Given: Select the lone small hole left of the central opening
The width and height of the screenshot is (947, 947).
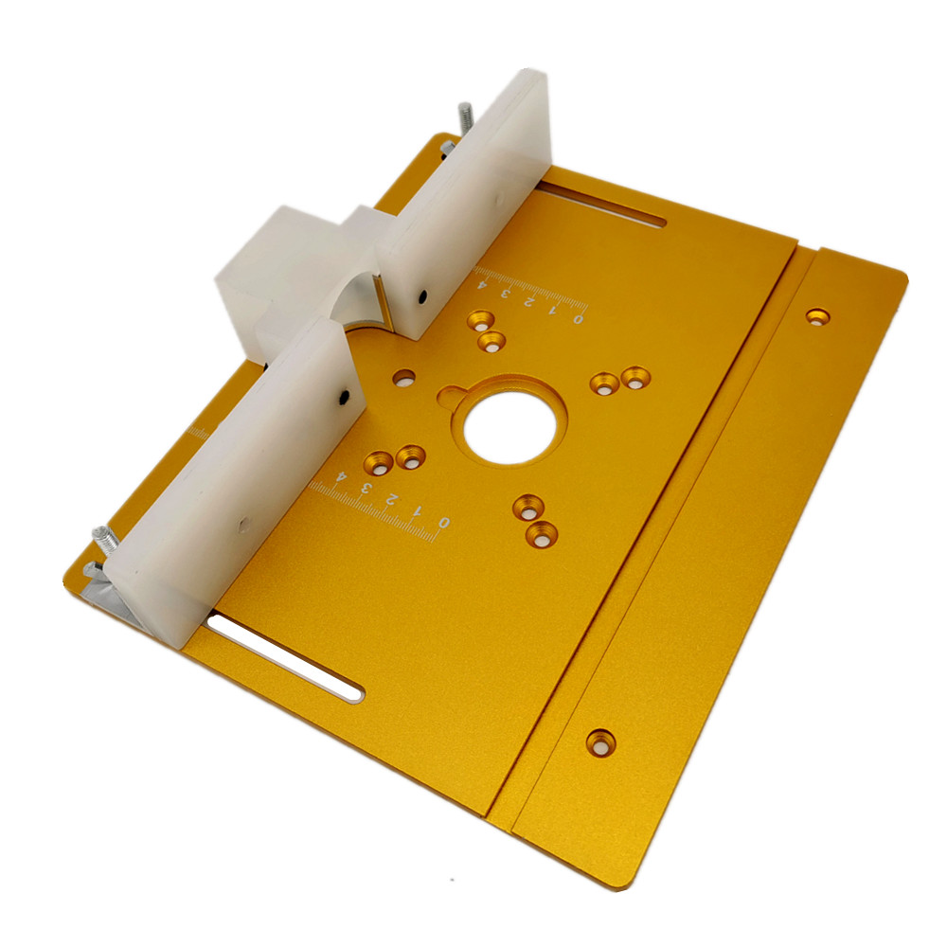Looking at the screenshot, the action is click(404, 378).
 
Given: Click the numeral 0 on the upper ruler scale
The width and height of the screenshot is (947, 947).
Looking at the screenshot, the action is click(578, 318).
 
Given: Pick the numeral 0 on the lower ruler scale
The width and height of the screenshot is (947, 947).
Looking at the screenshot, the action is click(444, 521).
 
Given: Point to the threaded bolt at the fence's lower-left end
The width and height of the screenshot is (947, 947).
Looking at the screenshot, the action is click(105, 538).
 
